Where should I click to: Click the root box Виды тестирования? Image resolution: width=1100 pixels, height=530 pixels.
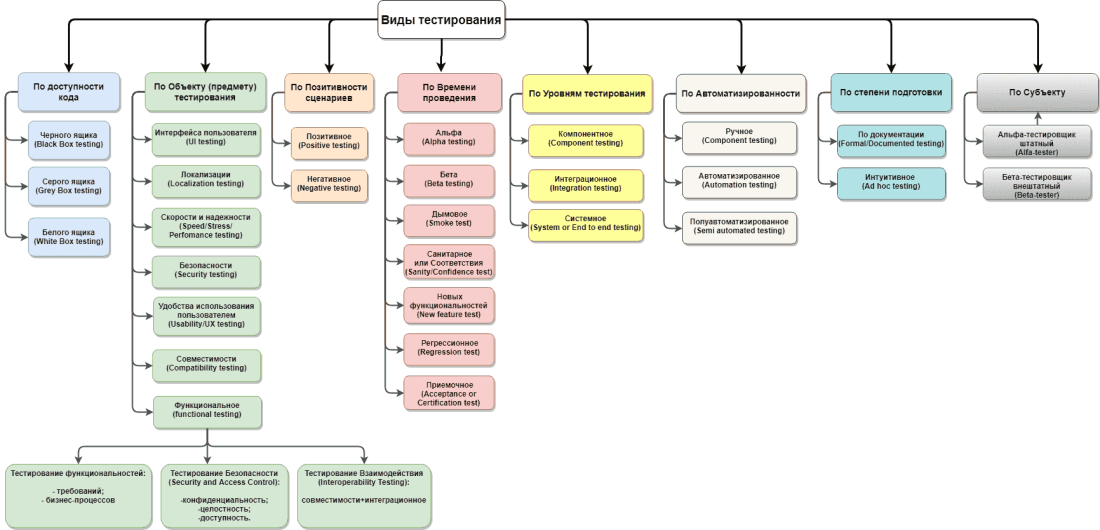(x=441, y=20)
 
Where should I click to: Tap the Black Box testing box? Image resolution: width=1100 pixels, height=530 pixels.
(x=68, y=139)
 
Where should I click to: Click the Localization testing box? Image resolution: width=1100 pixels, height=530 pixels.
(x=206, y=179)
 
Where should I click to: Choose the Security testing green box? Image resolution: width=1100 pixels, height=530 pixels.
(x=206, y=271)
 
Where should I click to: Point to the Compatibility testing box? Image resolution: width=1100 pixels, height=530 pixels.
(x=206, y=365)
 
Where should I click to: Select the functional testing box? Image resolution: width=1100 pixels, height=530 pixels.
(x=206, y=412)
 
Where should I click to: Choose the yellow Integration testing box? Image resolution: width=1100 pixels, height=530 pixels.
(x=586, y=183)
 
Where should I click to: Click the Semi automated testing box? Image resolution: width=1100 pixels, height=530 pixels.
(x=739, y=227)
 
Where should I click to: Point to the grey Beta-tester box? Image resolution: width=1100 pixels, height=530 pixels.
(x=1035, y=186)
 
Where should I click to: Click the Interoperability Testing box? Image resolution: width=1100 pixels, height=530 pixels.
(x=364, y=494)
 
